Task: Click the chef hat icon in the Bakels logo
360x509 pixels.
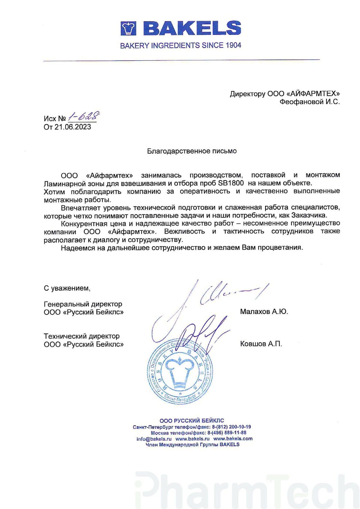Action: pyautogui.click(x=129, y=28)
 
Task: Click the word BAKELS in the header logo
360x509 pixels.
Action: pyautogui.click(x=192, y=28)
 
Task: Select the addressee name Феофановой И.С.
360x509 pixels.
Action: pyautogui.click(x=309, y=102)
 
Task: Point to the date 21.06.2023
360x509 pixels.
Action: pyautogui.click(x=73, y=127)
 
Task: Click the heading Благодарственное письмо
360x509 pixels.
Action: pyautogui.click(x=192, y=151)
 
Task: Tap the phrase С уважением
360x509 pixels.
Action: pyautogui.click(x=67, y=288)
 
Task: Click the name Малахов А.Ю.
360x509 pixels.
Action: pyautogui.click(x=264, y=312)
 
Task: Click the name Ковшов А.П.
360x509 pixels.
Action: pyautogui.click(x=261, y=344)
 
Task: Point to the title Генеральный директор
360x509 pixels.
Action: pyautogui.click(x=83, y=304)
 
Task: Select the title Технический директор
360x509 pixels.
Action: pyautogui.click(x=82, y=336)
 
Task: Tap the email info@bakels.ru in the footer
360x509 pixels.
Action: pyautogui.click(x=154, y=438)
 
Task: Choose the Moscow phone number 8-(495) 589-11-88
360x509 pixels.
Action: pyautogui.click(x=227, y=433)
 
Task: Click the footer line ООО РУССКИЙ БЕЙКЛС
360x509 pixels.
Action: pyautogui.click(x=192, y=420)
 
